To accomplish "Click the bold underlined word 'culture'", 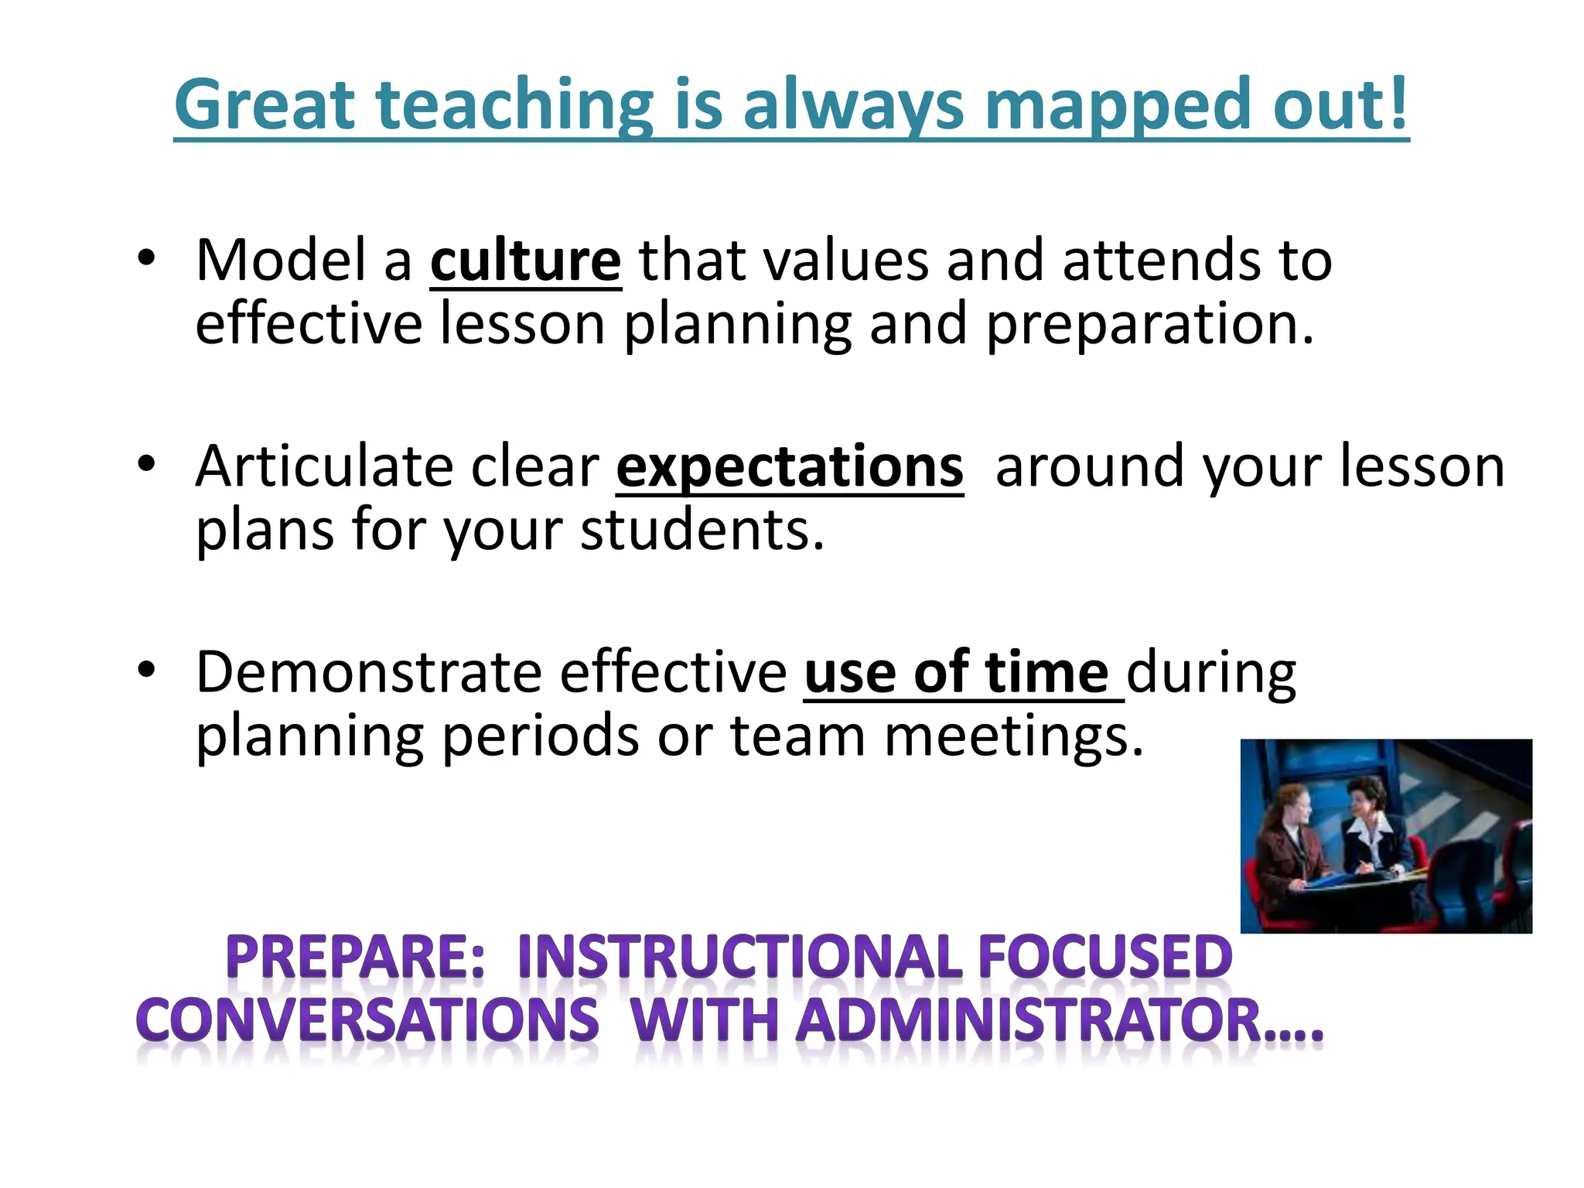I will coord(525,261).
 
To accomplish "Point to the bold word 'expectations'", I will coord(789,468).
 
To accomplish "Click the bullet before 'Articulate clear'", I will coord(146,464).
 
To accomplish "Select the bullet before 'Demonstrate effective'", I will coord(146,670).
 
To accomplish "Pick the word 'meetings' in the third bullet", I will coord(1012,736).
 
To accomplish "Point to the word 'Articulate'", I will coord(324,467).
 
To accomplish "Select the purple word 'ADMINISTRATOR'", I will coord(1029,1021).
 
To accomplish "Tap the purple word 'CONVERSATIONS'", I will coord(367,1021).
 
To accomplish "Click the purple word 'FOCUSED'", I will coord(1104,958).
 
